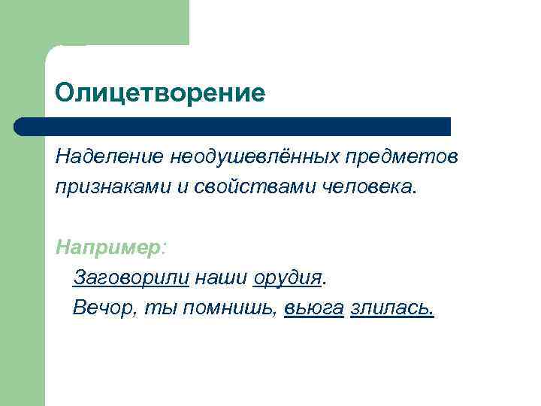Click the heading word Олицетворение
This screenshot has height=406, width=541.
tap(160, 93)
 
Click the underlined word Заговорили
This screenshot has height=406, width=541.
tap(131, 278)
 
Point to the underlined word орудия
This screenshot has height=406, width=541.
tap(287, 278)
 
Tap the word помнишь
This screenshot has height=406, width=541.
tap(230, 308)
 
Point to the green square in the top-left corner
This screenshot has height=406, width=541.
tap(94, 23)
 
